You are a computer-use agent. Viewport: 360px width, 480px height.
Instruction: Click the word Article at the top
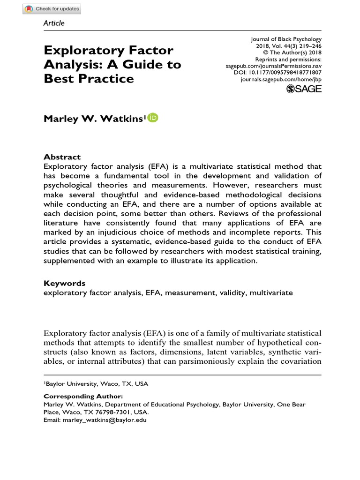(54, 23)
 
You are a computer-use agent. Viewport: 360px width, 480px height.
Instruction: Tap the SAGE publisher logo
(303, 89)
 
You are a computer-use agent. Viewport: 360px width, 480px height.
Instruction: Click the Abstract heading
(62, 157)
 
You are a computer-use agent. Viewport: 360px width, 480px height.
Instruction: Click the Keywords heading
(64, 283)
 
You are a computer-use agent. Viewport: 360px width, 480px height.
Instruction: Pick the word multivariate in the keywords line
(271, 292)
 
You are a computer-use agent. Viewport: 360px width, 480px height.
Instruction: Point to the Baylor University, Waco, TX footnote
(96, 383)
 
